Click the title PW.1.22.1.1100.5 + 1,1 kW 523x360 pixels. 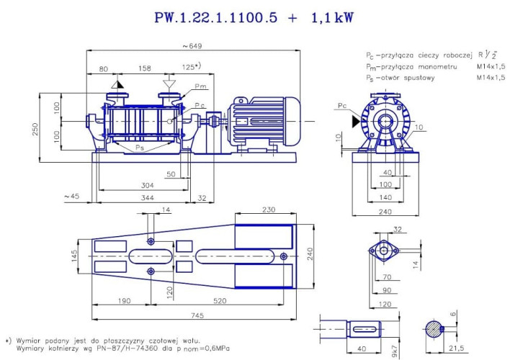254,18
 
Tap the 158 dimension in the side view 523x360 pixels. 145,69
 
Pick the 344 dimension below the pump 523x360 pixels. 147,197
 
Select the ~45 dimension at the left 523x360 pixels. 71,197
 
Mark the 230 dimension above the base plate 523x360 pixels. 268,210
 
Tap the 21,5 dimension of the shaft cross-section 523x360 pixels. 456,349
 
